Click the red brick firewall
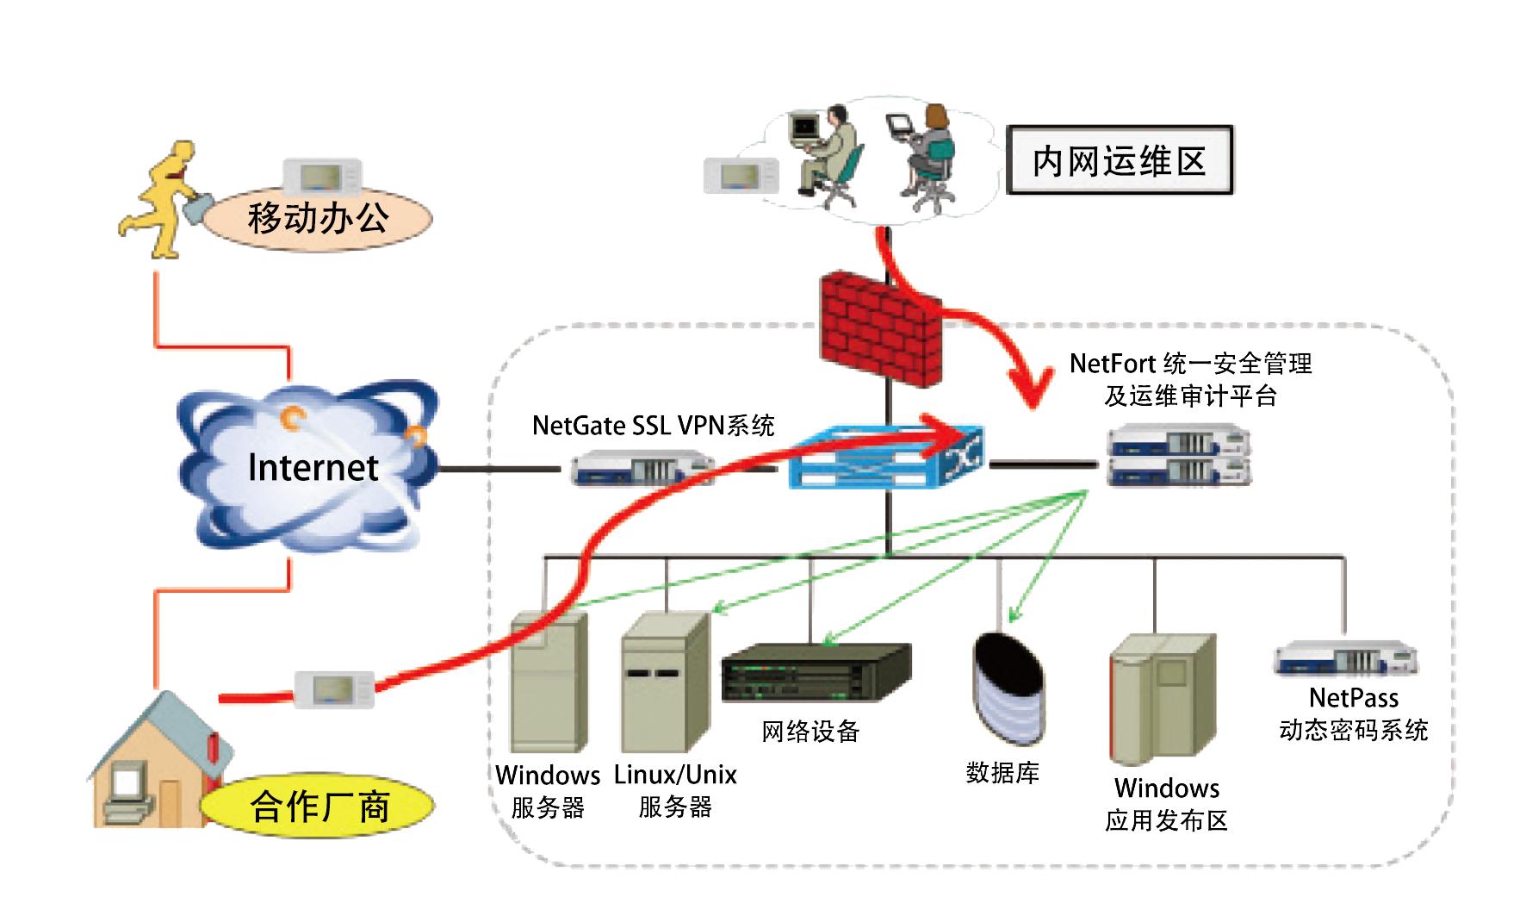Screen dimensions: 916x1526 tap(879, 328)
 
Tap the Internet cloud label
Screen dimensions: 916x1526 tap(313, 467)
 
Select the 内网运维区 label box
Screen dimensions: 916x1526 tap(1120, 160)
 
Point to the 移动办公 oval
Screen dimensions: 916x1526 tap(319, 219)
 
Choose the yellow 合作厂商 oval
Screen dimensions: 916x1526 tap(319, 807)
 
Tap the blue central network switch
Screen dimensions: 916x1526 tap(887, 457)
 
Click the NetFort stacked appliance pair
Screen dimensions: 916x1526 tap(1178, 455)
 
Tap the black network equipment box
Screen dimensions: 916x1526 tap(816, 672)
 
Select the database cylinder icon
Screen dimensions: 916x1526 tap(1008, 689)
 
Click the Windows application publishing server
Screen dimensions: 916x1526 tap(1163, 698)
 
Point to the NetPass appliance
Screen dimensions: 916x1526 tap(1346, 659)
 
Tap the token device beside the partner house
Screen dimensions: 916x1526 tap(334, 690)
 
